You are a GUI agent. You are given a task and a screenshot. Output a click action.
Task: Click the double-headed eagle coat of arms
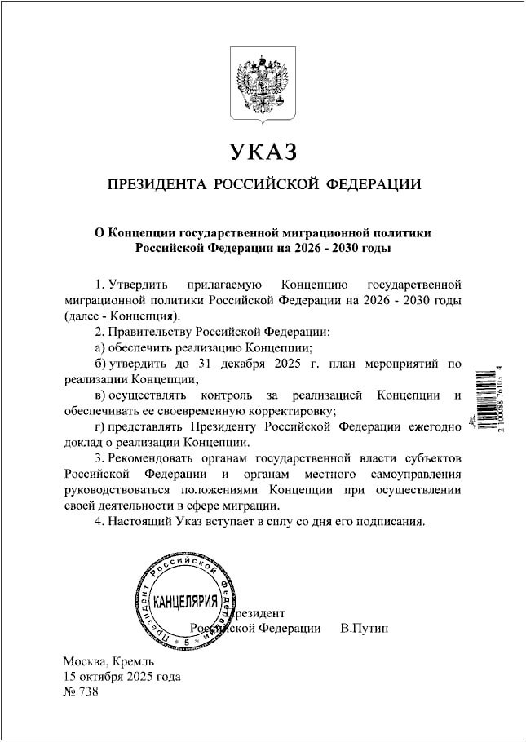(263, 87)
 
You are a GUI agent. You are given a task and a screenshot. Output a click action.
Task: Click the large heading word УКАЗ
(263, 152)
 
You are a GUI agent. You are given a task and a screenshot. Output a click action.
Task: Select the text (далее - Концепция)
(120, 316)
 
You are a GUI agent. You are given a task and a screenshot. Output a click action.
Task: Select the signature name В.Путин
(365, 628)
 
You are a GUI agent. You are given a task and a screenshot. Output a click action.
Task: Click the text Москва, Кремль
(103, 661)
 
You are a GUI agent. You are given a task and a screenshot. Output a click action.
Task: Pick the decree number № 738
(80, 692)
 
